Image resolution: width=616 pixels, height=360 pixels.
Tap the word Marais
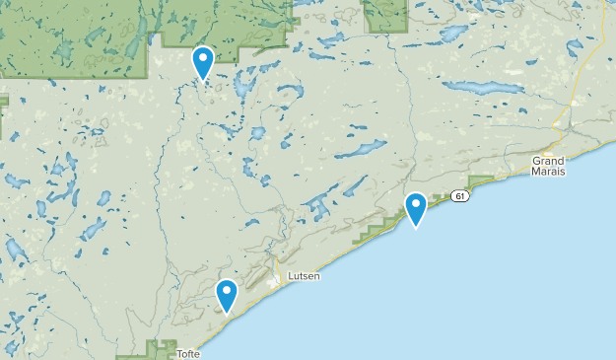click(550, 172)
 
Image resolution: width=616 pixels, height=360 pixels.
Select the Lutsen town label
click(304, 277)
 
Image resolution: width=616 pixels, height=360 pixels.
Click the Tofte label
click(188, 353)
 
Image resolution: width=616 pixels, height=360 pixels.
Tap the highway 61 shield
click(460, 196)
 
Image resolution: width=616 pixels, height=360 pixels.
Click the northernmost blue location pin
click(203, 63)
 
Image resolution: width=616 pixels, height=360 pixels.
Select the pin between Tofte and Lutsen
click(227, 295)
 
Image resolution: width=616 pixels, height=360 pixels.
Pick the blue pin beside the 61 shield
click(416, 208)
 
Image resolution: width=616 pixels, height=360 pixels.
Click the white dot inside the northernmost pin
click(203, 58)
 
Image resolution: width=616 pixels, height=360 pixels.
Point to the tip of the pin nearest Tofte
click(227, 313)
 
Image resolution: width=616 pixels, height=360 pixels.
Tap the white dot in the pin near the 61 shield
click(416, 204)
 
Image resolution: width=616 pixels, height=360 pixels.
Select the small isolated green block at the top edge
click(385, 15)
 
